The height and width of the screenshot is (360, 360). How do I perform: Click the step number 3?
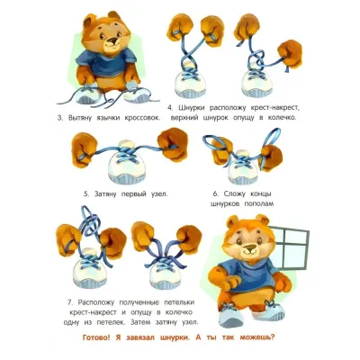60,118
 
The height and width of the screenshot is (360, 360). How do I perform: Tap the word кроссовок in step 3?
143,118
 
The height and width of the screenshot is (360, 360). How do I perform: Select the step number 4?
170,107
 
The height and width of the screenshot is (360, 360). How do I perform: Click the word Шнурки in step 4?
192,107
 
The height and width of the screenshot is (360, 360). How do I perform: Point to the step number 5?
86,193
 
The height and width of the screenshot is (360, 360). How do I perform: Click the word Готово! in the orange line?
96,337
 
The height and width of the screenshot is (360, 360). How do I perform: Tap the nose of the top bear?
112,40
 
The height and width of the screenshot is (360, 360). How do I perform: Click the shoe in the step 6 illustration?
242,166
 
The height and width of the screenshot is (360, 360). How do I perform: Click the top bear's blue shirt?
105,62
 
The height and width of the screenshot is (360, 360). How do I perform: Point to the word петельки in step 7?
179,301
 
